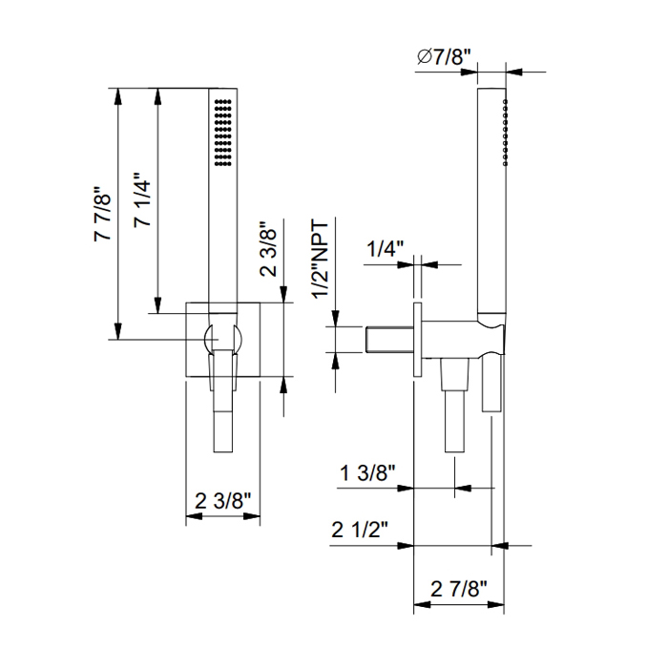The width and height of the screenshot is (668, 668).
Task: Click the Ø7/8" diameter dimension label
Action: pos(444,56)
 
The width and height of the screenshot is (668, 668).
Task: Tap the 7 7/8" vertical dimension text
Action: pos(103,214)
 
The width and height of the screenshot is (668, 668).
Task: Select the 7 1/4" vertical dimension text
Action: pos(143,199)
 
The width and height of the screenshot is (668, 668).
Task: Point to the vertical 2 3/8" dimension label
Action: pos(268,249)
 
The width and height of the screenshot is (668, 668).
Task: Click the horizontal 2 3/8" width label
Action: pos(222,501)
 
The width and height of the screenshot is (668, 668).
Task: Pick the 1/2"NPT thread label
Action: pos(322,260)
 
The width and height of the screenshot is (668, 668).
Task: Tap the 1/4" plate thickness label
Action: pos(385,248)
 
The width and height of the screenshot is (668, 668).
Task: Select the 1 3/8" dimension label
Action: pos(367,473)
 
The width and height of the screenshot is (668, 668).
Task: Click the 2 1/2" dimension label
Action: pos(360,530)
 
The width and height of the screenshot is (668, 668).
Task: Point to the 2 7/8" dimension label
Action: pos(458,589)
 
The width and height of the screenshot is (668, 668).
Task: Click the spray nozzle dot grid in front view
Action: pos(222,133)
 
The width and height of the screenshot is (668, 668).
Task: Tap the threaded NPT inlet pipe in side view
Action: pos(389,340)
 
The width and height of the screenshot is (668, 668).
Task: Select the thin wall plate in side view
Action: pos(418,340)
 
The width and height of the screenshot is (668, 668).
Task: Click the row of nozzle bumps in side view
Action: pos(505,132)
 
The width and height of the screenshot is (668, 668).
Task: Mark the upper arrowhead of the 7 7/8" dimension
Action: pos(118,96)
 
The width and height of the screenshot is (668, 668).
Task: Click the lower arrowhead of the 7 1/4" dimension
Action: pos(158,305)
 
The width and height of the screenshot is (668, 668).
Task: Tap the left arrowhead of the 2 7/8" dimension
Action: pos(422,604)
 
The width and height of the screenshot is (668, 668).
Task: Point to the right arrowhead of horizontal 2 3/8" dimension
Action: pos(252,516)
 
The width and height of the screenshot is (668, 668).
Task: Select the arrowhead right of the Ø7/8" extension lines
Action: pos(514,72)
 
